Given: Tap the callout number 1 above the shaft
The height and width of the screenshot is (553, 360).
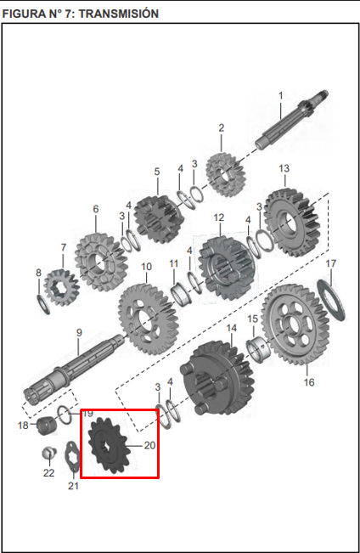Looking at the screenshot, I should point(280,96).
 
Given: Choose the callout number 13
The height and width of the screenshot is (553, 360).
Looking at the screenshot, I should point(284,168).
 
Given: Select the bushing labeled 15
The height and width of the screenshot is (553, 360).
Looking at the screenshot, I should point(257,349).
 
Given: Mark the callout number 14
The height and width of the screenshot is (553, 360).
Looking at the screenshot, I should point(231,327).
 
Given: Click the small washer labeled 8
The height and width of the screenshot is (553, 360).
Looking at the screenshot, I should point(42,302).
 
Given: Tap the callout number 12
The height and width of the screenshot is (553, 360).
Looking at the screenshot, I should point(219,218).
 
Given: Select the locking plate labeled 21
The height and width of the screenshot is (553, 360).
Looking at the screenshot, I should point(73,466).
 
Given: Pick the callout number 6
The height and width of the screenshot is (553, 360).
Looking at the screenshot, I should point(96,209).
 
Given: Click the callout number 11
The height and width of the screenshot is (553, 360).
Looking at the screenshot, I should point(173,263).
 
